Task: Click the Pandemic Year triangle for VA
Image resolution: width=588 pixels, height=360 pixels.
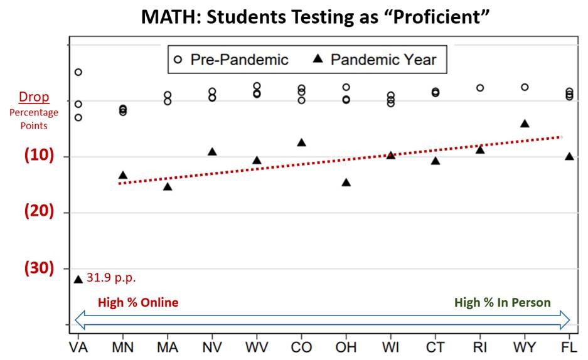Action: (x=78, y=279)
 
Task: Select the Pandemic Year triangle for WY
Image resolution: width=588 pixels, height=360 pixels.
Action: (x=525, y=124)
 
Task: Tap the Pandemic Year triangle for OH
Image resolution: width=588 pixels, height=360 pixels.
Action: (x=346, y=183)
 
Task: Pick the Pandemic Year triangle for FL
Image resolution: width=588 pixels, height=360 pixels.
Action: (x=569, y=156)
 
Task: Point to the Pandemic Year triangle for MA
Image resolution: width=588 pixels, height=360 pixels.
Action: (x=168, y=186)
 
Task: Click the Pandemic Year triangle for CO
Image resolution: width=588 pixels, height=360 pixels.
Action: (x=301, y=142)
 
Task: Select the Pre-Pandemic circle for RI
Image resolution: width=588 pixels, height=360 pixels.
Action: (x=480, y=88)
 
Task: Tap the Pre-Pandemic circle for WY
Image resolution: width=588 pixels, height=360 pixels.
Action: (x=525, y=87)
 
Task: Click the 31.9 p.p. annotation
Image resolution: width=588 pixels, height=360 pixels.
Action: (x=111, y=277)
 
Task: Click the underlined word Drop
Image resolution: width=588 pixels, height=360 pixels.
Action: (x=34, y=97)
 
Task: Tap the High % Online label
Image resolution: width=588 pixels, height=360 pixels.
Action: (x=138, y=302)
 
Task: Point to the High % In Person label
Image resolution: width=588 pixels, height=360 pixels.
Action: (x=503, y=302)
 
